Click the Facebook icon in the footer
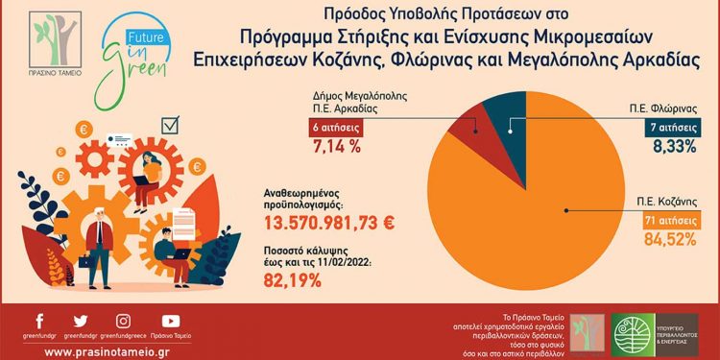click(x=39, y=321)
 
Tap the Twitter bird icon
click(x=80, y=321)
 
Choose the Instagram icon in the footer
click(x=124, y=321)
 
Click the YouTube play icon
click(x=170, y=321)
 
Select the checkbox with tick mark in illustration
click(x=173, y=126)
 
